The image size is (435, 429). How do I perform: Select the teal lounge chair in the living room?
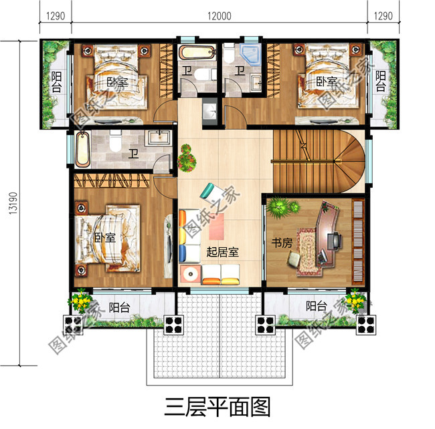click(x=210, y=190)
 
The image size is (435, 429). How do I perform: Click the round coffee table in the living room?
click(x=190, y=273)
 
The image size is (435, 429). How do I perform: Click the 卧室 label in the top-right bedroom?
click(x=326, y=82)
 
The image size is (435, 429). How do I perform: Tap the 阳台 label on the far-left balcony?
click(x=56, y=83)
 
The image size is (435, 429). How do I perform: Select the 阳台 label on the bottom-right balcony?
click(x=317, y=307)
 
